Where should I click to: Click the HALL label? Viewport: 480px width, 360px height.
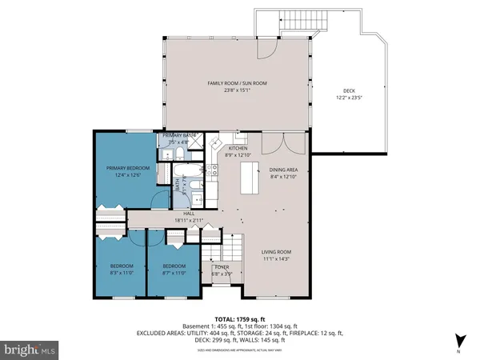point(190,213)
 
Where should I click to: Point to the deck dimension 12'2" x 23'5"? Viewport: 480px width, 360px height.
point(350,100)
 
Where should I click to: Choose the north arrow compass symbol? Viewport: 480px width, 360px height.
point(459,339)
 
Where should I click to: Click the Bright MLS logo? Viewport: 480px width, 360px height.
point(30,350)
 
